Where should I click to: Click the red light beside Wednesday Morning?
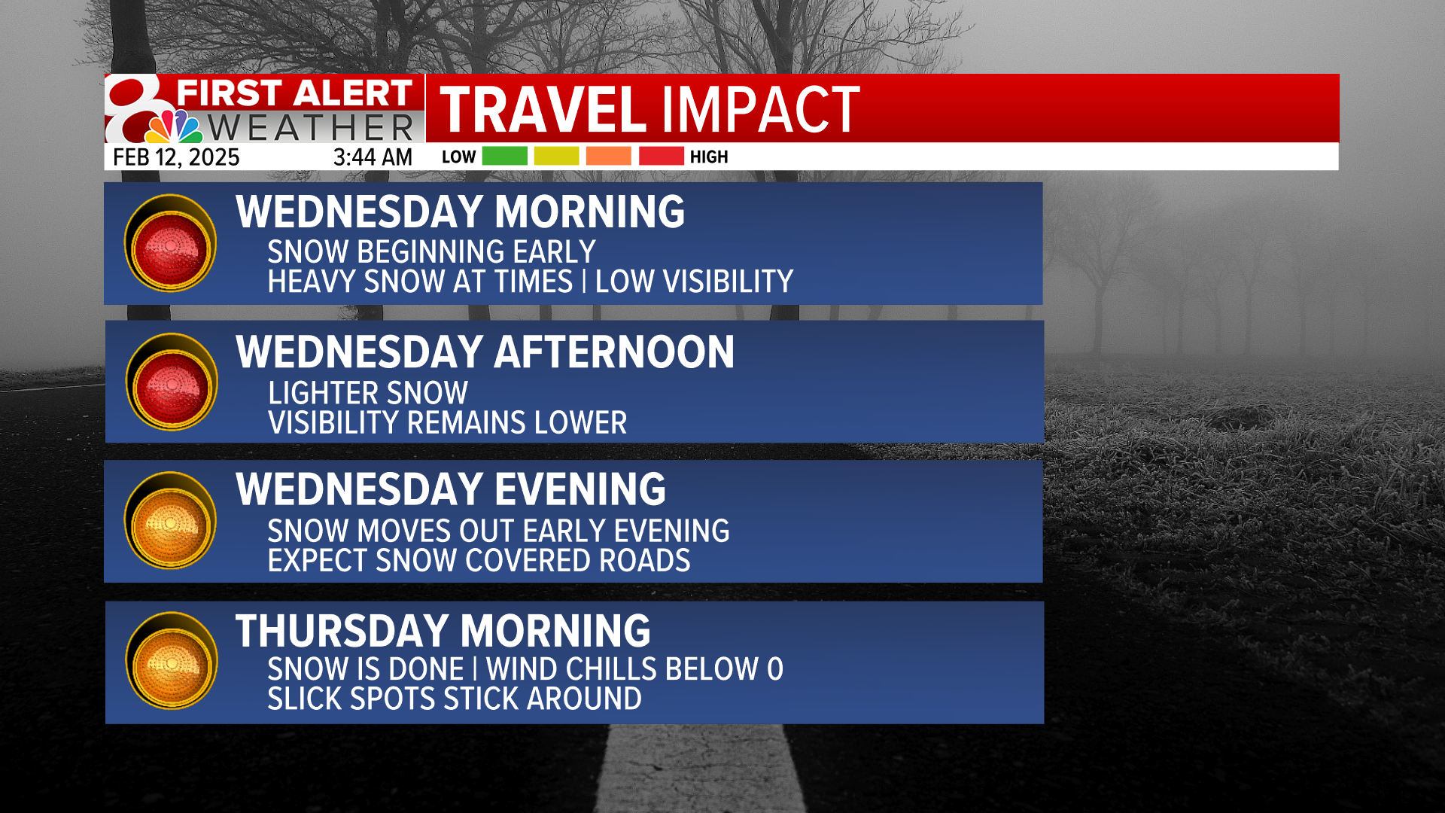(x=171, y=244)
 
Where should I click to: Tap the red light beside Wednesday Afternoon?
(x=172, y=383)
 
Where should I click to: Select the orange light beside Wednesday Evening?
(x=171, y=521)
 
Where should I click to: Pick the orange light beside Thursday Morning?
(x=172, y=661)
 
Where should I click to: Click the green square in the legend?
(x=504, y=156)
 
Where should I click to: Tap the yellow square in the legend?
(x=556, y=156)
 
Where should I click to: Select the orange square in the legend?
(x=608, y=156)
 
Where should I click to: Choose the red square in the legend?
(x=661, y=156)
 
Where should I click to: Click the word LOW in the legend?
(x=458, y=157)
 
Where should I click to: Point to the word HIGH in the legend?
(x=709, y=157)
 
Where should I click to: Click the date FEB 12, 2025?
(x=176, y=157)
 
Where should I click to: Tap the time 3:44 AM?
(x=373, y=157)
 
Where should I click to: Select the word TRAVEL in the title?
(x=542, y=110)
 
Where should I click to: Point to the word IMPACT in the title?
(x=760, y=110)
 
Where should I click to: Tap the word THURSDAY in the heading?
(x=342, y=631)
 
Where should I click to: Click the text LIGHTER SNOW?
(x=368, y=393)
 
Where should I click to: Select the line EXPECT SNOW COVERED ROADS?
(x=479, y=561)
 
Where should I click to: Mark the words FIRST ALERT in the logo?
(x=294, y=93)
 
